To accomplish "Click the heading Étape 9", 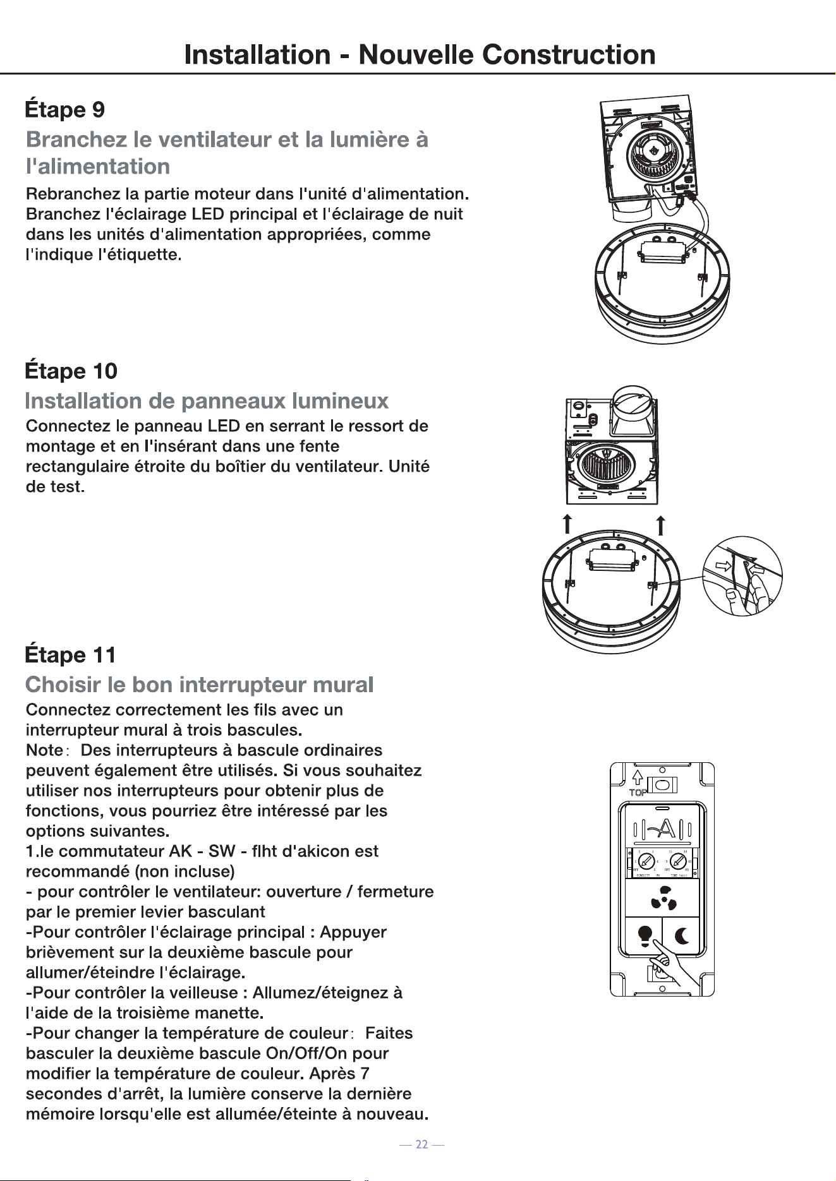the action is point(64,109).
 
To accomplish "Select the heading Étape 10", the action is point(71,370).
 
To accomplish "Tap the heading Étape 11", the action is point(70,654).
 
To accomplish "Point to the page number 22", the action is point(421,1144).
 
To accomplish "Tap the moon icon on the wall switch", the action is point(682,935).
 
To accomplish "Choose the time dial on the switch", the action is point(679,860).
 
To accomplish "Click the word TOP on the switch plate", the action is point(638,793).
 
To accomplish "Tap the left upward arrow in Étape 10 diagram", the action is point(567,524).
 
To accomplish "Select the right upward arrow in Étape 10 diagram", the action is point(660,525).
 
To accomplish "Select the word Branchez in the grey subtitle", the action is point(76,139).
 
